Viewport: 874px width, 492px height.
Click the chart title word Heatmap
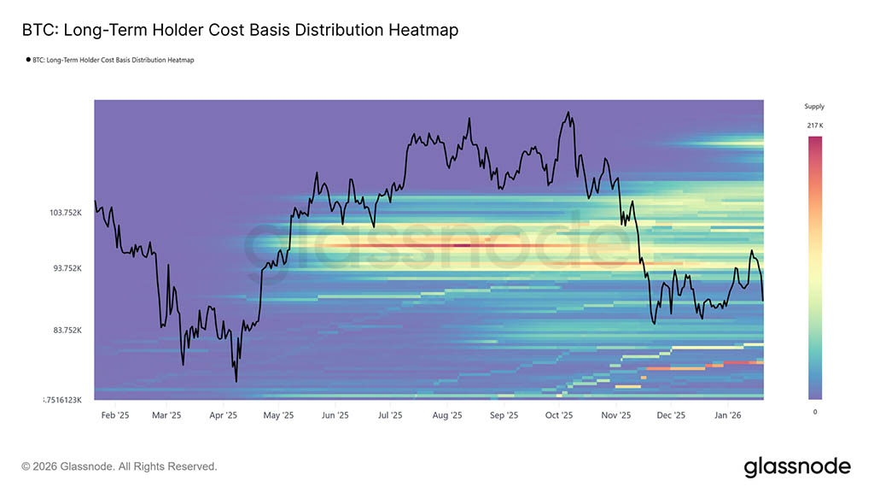click(x=423, y=30)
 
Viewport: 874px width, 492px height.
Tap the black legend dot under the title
click(x=27, y=60)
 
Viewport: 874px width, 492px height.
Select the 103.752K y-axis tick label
click(x=64, y=213)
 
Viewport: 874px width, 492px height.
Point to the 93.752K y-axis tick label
click(x=66, y=268)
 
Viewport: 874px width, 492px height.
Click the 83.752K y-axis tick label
click(x=66, y=331)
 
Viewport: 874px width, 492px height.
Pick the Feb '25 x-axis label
click(x=114, y=416)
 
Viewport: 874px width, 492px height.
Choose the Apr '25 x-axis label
click(x=223, y=416)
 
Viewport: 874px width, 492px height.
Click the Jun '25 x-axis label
click(x=335, y=416)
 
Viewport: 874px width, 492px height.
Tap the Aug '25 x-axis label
click(x=446, y=416)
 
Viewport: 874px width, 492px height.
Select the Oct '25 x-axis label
click(x=558, y=416)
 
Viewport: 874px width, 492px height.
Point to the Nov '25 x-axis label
click(x=615, y=416)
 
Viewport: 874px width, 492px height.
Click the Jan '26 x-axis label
click(x=727, y=416)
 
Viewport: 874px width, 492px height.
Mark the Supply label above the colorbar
click(x=814, y=107)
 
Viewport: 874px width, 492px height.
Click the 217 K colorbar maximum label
click(x=814, y=126)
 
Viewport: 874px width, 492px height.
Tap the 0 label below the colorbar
click(x=814, y=412)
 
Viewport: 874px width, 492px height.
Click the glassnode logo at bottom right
click(x=797, y=466)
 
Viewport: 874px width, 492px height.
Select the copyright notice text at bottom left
click(x=119, y=466)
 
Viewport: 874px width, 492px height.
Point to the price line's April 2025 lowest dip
click(x=236, y=381)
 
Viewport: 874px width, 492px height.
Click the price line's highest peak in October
click(x=567, y=112)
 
